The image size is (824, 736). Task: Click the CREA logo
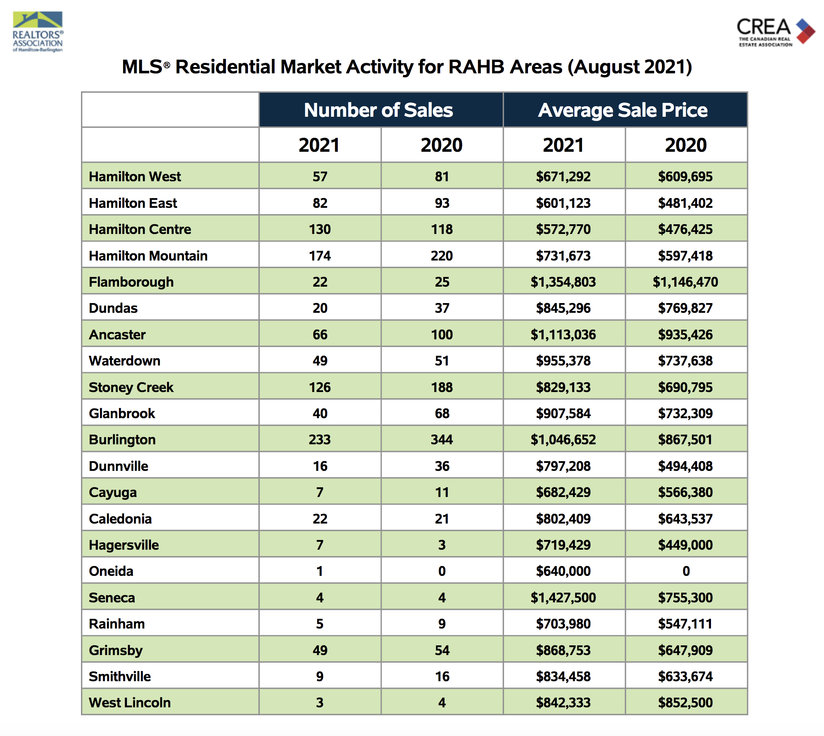(775, 31)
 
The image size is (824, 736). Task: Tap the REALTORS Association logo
(38, 32)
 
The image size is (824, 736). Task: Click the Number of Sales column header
(378, 110)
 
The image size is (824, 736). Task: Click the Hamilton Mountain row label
(148, 256)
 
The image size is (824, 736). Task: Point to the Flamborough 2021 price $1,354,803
(563, 282)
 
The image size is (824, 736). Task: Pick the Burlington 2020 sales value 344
(442, 440)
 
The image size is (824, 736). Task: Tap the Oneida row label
(111, 571)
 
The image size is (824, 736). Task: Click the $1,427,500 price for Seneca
(563, 598)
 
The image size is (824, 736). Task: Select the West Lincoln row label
(129, 703)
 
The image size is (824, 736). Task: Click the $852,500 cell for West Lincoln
(685, 703)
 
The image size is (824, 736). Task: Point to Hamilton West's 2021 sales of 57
(320, 177)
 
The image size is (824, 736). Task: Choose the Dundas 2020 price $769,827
(685, 308)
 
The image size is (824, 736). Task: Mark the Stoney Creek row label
(131, 387)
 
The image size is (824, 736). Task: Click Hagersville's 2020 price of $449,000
(685, 545)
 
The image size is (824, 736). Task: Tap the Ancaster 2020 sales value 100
(442, 335)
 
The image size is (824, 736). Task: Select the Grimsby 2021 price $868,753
(563, 650)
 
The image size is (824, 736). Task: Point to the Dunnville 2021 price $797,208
(563, 466)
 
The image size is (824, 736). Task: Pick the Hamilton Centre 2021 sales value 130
(320, 229)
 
